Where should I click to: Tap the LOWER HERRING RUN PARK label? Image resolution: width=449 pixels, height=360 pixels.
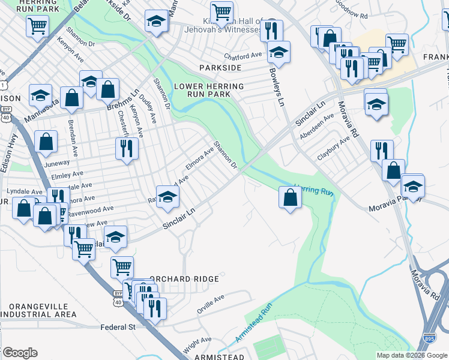(209, 91)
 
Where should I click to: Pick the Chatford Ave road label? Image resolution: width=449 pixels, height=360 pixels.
(243, 55)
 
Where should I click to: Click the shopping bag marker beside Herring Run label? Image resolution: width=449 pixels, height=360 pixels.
(290, 196)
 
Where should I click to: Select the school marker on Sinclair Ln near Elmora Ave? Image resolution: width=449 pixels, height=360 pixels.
(168, 196)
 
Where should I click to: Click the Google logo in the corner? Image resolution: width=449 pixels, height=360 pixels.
(20, 353)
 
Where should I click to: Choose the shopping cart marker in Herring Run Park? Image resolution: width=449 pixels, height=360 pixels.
(37, 26)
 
